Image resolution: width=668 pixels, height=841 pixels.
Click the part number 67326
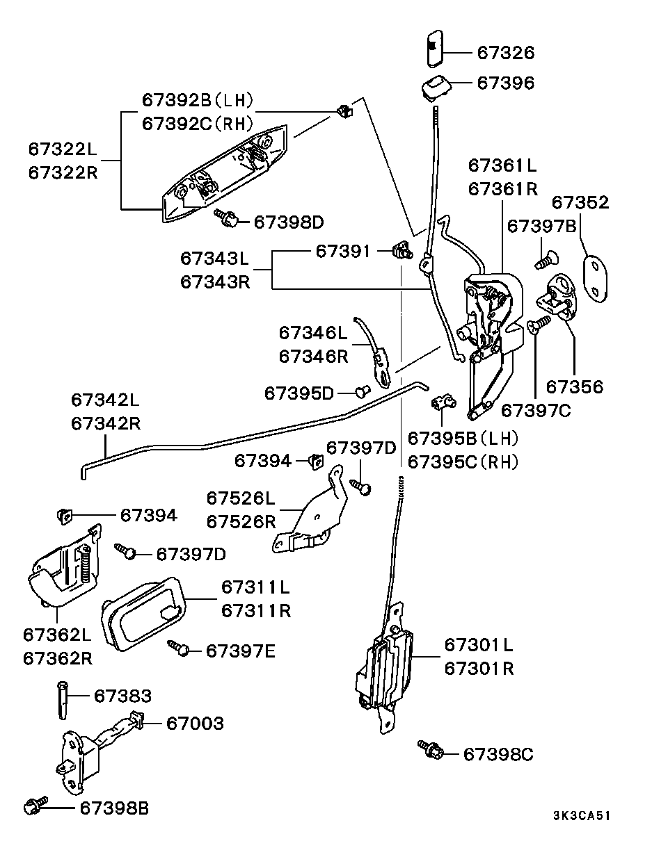pos(506,53)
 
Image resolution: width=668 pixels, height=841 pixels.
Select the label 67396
pos(506,83)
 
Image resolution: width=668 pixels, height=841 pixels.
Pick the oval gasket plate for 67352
pos(594,278)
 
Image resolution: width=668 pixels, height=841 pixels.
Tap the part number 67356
pos(574,386)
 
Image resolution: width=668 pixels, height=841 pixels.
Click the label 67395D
pos(299,393)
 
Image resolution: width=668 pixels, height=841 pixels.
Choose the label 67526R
pos(241,521)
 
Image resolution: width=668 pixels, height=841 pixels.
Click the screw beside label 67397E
pos(180,650)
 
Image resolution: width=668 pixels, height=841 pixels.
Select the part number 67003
pos(195,724)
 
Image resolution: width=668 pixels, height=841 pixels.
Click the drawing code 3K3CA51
pos(582,816)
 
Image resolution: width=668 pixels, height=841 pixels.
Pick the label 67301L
pos(479,645)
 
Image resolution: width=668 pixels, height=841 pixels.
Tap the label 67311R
pos(255,611)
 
